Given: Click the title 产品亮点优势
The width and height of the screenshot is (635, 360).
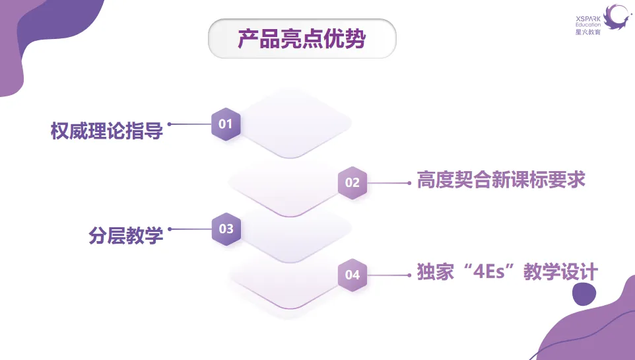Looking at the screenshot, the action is tap(302, 39).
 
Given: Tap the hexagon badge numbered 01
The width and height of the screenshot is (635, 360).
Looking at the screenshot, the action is tap(226, 124).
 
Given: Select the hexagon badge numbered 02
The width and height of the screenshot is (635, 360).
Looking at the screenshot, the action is tap(352, 182).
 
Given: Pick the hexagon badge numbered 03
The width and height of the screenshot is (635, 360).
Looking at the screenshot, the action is tap(226, 229).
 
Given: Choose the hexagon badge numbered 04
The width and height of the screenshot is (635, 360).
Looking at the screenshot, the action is tap(352, 274).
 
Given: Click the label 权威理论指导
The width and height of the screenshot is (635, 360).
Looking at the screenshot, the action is tap(106, 131).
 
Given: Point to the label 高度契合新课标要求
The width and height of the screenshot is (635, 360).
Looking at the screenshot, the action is tap(501, 180).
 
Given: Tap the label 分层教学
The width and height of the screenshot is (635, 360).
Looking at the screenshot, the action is tap(126, 236).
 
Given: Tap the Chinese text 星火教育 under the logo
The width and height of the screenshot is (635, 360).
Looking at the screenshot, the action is tap(588, 32).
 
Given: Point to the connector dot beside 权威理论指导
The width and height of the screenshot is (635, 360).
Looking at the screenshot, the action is tap(170, 124).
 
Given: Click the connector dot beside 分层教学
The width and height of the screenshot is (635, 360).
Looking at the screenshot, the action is tap(170, 229).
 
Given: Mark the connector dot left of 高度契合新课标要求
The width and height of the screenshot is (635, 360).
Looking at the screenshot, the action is tap(409, 182).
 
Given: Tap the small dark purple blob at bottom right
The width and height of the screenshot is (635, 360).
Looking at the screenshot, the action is tap(583, 295).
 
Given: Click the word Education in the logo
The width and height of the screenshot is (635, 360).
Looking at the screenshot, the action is tap(587, 24).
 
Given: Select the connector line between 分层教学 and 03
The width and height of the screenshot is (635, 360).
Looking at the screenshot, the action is tap(191, 229).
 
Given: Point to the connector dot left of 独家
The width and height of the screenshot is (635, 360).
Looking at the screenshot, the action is tap(409, 274).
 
